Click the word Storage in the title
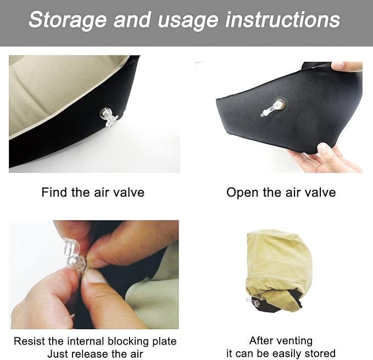[x=68, y=20]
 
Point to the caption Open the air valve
[x=281, y=193]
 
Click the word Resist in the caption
[x=29, y=341]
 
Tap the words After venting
[x=281, y=341]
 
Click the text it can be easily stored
[x=281, y=353]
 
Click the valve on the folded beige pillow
[x=254, y=301]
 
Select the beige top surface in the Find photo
[x=60, y=93]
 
